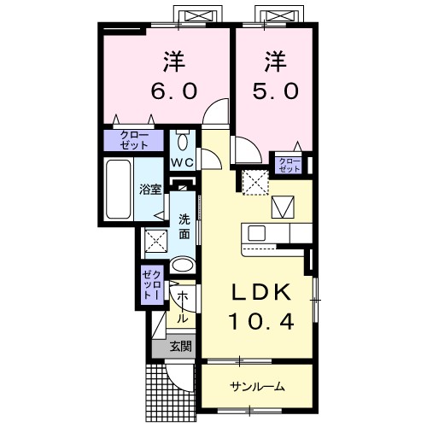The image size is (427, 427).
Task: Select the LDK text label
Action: click(265, 291)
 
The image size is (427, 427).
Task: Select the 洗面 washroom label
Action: click(184, 224)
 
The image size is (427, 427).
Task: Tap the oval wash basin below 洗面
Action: click(182, 266)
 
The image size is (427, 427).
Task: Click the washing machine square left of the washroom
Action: click(155, 241)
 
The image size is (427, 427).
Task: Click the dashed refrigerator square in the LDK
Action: click(254, 181)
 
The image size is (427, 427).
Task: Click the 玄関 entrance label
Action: click(180, 347)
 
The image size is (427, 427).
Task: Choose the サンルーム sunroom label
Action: click(256, 387)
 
